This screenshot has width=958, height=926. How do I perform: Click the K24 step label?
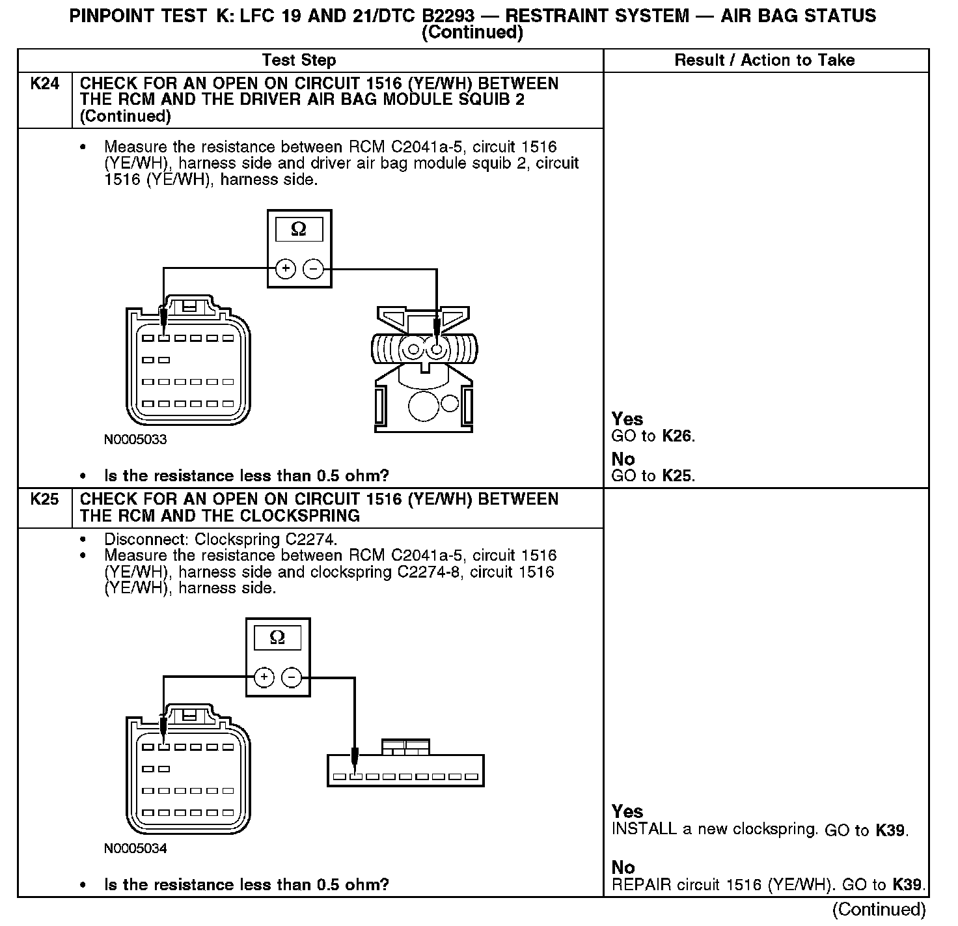pos(44,84)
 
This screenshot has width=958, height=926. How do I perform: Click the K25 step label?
pos(44,499)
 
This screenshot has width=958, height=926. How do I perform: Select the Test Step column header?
pos(299,61)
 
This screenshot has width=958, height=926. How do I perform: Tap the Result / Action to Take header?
pos(764,61)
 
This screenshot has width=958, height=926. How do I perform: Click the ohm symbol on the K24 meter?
pos(299,229)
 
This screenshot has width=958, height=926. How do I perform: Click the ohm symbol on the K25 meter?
pos(277,638)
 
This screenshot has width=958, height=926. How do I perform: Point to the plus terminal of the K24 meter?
pos(285,268)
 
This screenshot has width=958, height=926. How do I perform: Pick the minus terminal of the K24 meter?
pos(314,268)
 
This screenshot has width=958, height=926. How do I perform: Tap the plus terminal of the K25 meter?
pos(264,677)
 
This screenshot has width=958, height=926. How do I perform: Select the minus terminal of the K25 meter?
pos(292,677)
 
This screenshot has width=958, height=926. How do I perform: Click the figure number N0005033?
pos(135,440)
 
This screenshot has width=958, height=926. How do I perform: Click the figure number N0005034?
pos(135,849)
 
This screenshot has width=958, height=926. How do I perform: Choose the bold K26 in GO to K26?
pos(677,436)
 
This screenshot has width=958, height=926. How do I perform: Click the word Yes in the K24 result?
pos(627,419)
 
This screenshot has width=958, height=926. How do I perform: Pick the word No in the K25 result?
pos(623,867)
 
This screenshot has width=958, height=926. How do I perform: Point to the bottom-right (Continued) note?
pos(879,909)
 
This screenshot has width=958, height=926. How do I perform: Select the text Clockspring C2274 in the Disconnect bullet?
pos(266,540)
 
